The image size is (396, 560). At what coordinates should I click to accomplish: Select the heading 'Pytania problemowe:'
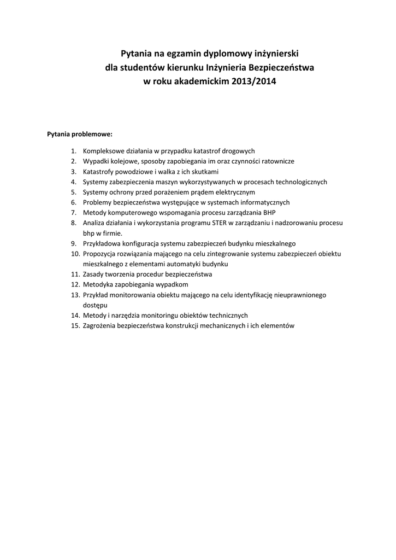point(80,133)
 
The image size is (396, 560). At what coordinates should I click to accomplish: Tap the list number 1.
point(73,151)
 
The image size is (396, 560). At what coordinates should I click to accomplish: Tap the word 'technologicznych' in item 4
point(300,182)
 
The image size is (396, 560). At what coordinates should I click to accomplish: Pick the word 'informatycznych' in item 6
point(264,202)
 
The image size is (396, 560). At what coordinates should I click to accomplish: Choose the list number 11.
point(75,274)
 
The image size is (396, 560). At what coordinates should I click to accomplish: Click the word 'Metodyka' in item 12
point(97,284)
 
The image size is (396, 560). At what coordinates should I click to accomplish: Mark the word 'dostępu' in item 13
point(95,305)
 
